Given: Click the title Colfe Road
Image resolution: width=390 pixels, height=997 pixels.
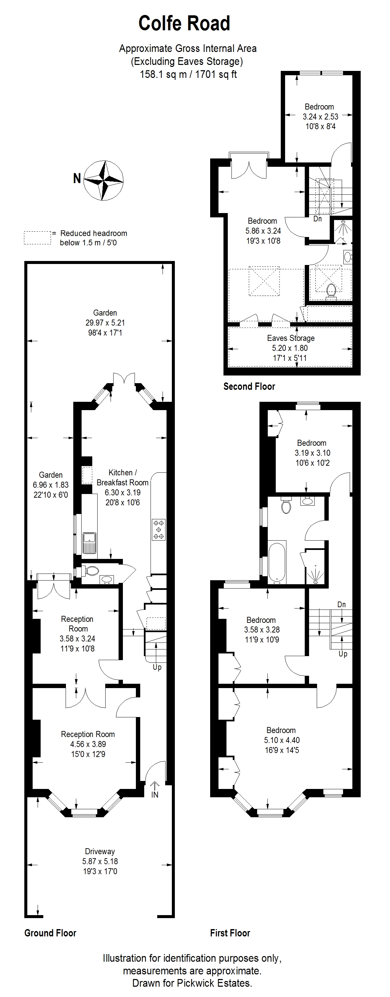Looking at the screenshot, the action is click(185, 23).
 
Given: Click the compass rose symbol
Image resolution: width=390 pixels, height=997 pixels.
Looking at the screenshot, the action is click(104, 180).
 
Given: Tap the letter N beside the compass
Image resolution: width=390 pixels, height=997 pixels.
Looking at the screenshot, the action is click(77, 178).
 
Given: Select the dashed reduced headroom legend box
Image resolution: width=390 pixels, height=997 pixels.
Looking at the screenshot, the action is click(38, 238).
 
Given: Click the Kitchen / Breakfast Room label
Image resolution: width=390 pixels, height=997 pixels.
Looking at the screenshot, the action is click(122, 478).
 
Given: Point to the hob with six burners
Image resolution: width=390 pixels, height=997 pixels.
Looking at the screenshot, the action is click(159, 530).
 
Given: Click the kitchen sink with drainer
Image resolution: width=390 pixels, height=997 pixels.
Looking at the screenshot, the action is click(90, 543).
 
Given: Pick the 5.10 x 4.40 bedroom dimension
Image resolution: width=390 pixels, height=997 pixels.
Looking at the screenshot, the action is click(282, 740).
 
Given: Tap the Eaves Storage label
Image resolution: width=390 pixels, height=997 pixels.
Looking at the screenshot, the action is click(291, 338).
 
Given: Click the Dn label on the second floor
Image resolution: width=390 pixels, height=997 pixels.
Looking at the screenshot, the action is click(318, 219).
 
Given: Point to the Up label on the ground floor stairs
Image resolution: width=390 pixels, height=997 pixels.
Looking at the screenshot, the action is click(157, 668).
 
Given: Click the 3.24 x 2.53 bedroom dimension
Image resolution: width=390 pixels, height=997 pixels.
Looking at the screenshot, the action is click(321, 117).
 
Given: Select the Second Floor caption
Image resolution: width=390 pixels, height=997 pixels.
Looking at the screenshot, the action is click(249, 386).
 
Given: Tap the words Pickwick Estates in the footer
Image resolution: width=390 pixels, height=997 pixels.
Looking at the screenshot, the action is click(214, 983).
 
